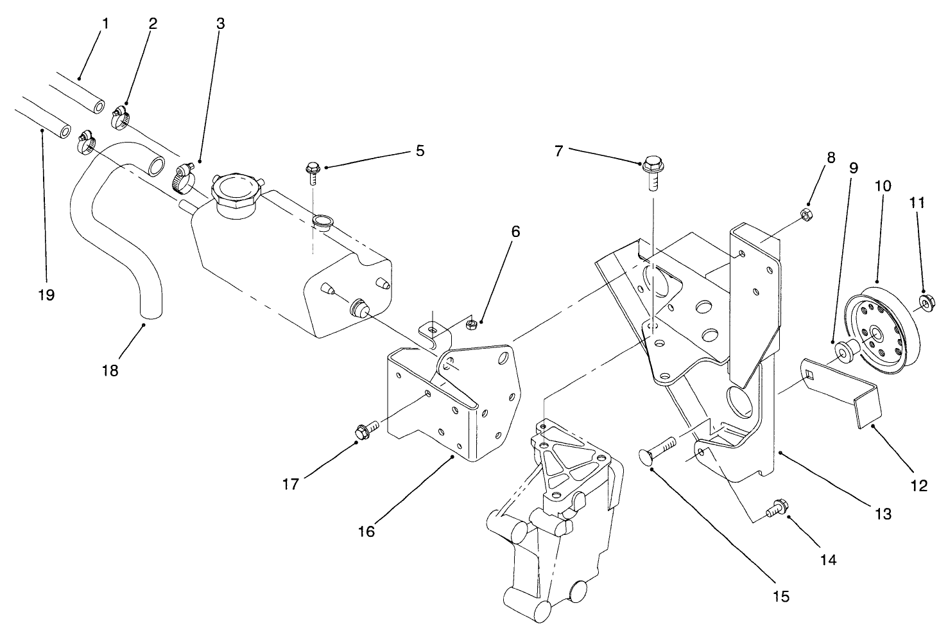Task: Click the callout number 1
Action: [x=105, y=24]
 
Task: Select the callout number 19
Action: [x=46, y=295]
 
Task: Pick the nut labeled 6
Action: [x=470, y=324]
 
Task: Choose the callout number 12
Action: [x=919, y=486]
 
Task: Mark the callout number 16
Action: [x=367, y=532]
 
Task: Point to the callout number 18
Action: [x=110, y=371]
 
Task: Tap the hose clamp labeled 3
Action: [x=184, y=178]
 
